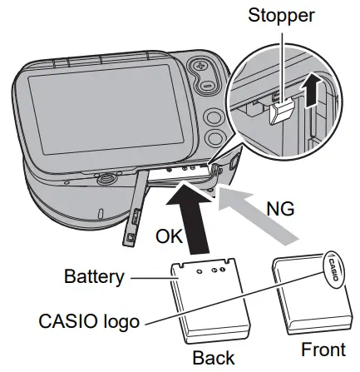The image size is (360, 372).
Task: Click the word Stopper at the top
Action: tap(281, 16)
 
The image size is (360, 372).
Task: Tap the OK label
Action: tap(172, 237)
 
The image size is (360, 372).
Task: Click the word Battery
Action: tap(93, 276)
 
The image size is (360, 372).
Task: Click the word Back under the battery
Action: tap(213, 358)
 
